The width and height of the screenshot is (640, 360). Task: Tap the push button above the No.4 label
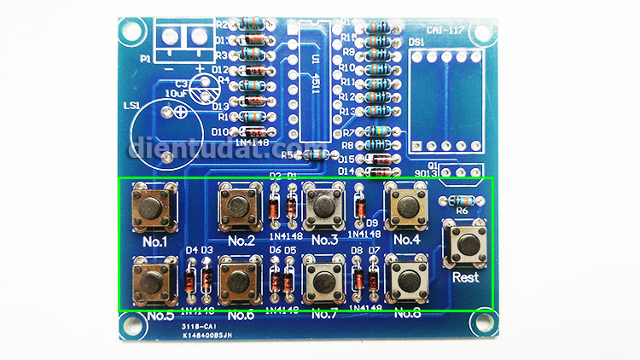406,204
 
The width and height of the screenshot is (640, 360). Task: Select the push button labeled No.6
239,279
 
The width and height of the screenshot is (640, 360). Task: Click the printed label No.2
240,240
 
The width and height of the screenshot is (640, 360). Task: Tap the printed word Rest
465,277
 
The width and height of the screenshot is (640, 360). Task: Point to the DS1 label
417,42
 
